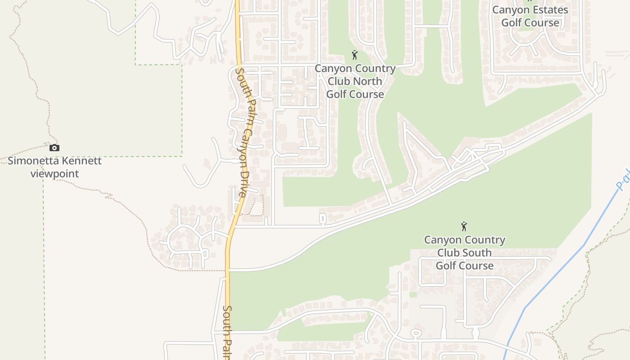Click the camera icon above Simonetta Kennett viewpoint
(54, 148)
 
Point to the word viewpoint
(54, 174)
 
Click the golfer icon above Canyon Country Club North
(355, 55)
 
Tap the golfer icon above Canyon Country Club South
(464, 226)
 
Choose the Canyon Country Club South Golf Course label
(464, 252)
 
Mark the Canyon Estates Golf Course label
(530, 16)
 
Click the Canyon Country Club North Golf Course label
(355, 81)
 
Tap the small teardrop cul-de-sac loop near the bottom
(416, 333)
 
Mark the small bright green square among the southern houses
(413, 295)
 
